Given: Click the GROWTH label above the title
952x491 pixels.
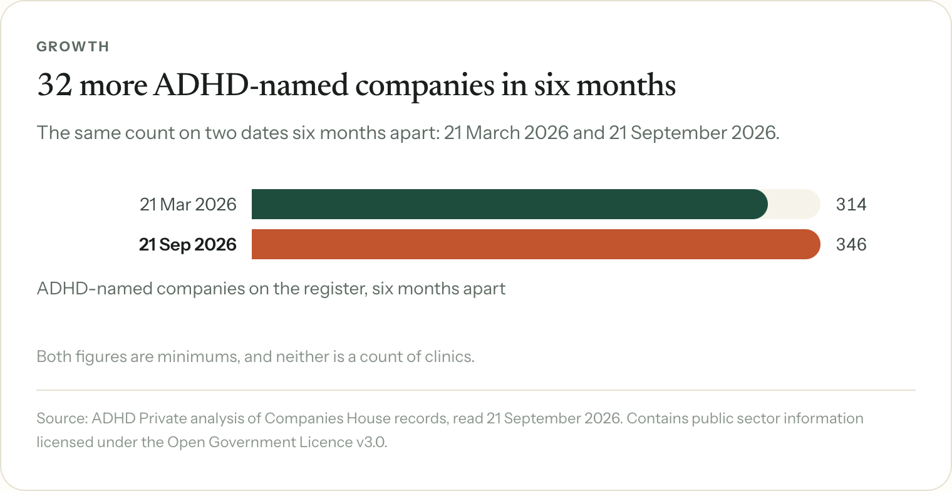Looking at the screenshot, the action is coord(73,46).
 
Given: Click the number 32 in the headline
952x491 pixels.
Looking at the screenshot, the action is coord(54,85).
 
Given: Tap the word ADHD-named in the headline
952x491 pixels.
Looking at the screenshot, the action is coord(251,85).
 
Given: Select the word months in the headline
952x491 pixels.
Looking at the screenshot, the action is coord(626,85).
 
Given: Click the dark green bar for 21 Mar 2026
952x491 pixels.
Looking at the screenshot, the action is coord(510,204).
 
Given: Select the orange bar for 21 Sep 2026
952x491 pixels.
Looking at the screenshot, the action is coord(536,244).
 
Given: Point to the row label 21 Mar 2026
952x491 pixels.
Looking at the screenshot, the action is coord(188,204).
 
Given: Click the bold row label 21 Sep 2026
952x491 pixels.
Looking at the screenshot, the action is coord(187,244).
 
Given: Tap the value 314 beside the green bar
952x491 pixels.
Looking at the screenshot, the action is coord(851,204).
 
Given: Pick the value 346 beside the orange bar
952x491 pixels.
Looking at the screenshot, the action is coord(851,244).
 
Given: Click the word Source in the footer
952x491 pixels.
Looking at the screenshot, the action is coord(62,418).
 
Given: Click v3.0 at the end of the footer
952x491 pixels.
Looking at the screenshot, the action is coord(371,442).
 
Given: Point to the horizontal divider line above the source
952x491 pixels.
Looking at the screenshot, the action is coord(476,390).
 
